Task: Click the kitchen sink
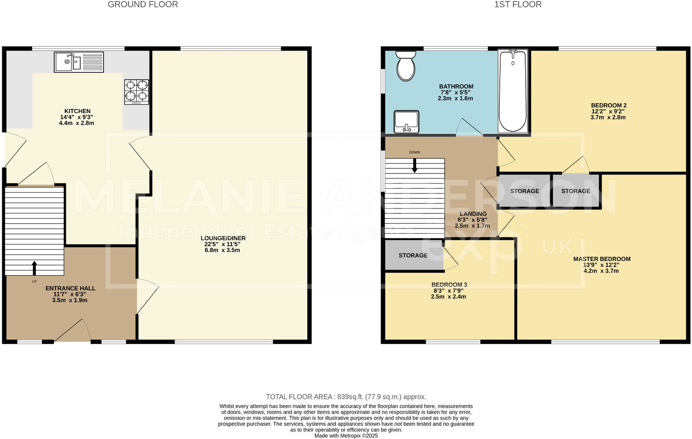click(79, 62)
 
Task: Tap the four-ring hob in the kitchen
click(137, 91)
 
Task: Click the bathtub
click(512, 91)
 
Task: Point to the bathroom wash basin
click(406, 122)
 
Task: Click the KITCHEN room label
click(77, 111)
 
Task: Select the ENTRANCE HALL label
click(70, 288)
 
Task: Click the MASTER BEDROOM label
click(602, 259)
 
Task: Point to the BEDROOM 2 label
click(609, 105)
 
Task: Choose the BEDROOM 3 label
click(449, 284)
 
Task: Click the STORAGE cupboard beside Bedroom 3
click(413, 255)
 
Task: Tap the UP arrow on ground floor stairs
click(34, 268)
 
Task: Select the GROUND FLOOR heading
click(143, 5)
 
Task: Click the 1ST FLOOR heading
click(518, 5)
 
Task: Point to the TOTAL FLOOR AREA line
click(346, 397)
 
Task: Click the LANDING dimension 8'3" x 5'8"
click(473, 220)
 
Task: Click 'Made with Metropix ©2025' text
click(346, 436)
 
